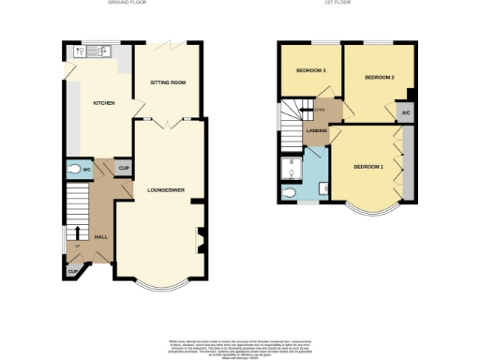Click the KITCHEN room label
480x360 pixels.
pyautogui.click(x=103, y=102)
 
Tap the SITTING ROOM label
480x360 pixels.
pyautogui.click(x=168, y=82)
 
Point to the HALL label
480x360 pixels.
pyautogui.click(x=101, y=237)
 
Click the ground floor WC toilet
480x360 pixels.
pyautogui.click(x=75, y=171)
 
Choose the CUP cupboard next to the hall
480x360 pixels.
pyautogui.click(x=72, y=272)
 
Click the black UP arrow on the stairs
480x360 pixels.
pyautogui.click(x=77, y=233)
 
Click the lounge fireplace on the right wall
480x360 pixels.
pyautogui.click(x=199, y=240)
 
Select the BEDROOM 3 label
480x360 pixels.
pyautogui.click(x=310, y=71)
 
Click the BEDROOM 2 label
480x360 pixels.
pyautogui.click(x=379, y=77)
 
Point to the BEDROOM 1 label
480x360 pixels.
pyautogui.click(x=367, y=167)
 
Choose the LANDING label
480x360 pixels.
pyautogui.click(x=316, y=130)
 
